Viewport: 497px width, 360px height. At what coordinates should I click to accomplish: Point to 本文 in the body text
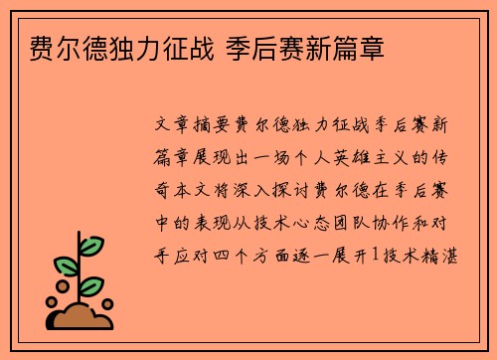207,189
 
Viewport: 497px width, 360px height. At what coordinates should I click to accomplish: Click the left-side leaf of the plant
66,268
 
